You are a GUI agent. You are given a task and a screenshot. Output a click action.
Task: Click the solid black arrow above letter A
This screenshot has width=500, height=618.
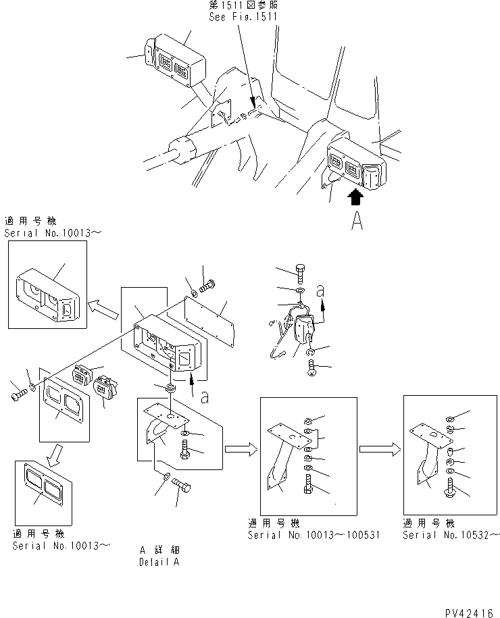[355, 197]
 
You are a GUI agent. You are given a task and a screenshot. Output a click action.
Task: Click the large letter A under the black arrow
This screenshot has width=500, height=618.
[357, 220]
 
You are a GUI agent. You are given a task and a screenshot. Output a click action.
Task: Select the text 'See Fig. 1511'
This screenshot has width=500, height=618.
[243, 17]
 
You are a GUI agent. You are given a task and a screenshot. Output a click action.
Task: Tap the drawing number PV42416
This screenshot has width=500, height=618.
[469, 613]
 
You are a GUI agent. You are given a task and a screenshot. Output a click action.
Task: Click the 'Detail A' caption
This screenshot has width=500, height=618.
[159, 562]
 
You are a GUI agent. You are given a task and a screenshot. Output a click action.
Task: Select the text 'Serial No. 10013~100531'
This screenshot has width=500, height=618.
[314, 535]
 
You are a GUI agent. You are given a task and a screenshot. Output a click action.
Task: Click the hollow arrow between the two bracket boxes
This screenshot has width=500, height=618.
[380, 449]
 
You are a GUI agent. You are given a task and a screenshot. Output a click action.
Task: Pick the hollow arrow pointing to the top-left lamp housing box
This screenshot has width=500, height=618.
[103, 309]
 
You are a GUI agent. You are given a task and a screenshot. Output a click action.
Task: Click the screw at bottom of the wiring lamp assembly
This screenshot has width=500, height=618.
[311, 367]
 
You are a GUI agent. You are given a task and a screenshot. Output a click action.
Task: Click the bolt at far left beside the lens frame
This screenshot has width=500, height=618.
[18, 394]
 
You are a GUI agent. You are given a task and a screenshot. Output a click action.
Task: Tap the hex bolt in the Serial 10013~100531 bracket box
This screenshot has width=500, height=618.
[308, 485]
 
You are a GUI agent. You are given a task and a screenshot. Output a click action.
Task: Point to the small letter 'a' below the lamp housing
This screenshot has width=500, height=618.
[204, 397]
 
